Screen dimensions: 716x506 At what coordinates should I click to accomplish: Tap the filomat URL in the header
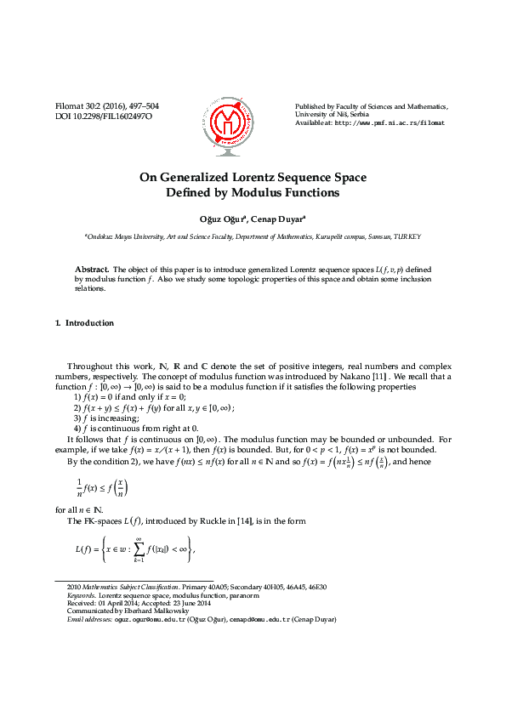pos(380,122)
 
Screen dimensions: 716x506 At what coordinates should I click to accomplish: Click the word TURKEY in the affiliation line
pos(406,237)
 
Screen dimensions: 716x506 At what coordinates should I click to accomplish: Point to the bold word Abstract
pos(92,268)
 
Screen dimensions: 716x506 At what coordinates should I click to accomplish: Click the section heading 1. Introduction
pos(83,323)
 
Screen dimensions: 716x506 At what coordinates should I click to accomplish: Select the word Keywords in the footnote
pos(81,595)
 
